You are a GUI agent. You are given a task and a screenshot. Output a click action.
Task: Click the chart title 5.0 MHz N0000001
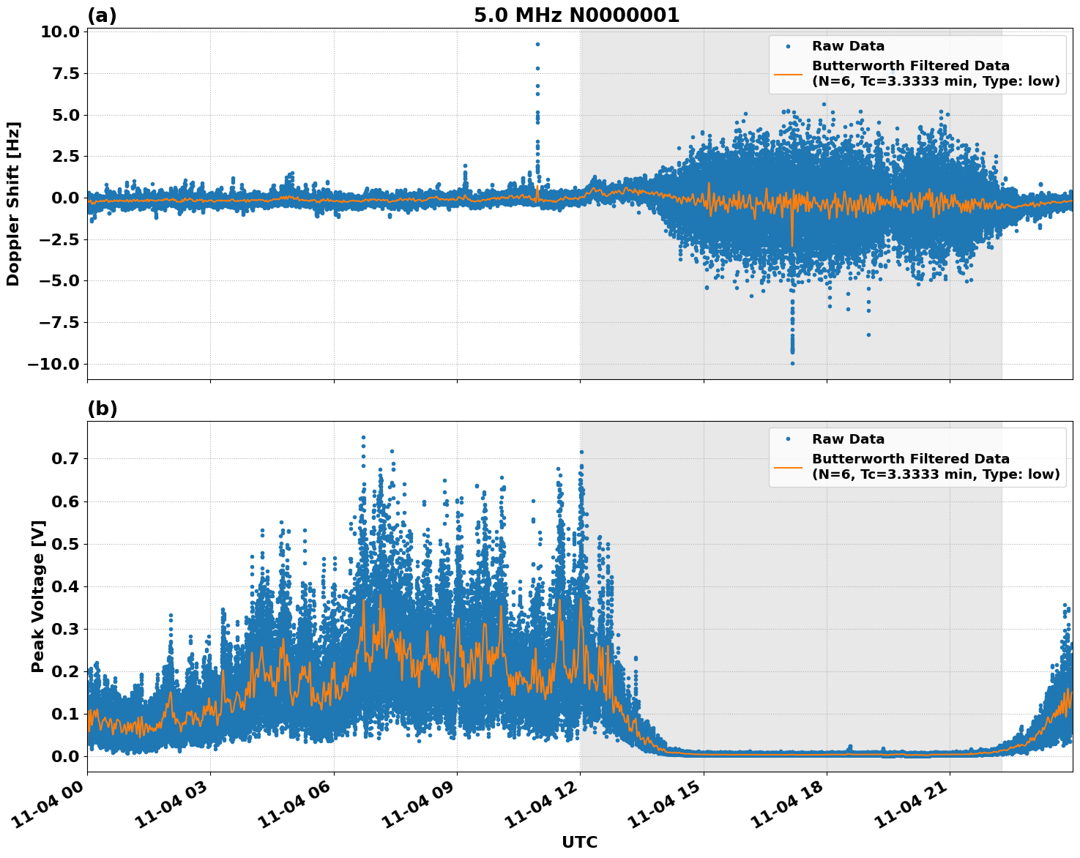[x=576, y=15]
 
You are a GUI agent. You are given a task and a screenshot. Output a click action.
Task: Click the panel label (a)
[x=102, y=15]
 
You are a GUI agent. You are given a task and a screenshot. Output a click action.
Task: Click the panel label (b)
[x=102, y=409]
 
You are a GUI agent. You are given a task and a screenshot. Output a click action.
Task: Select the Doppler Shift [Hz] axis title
[x=13, y=204]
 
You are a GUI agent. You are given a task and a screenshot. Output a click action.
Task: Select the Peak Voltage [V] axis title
[x=38, y=596]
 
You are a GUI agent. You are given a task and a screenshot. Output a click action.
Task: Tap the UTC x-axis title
[x=579, y=842]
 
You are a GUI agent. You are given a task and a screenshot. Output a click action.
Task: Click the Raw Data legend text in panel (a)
[x=848, y=46]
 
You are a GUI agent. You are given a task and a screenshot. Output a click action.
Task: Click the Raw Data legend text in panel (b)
[x=848, y=439]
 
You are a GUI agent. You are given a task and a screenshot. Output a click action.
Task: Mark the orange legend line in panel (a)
[x=788, y=74]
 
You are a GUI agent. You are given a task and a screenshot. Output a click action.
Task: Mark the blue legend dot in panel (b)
[x=788, y=439]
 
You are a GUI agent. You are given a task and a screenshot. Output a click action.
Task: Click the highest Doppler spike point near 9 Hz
[x=537, y=44]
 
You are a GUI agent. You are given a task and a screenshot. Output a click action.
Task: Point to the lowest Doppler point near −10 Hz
[x=792, y=363]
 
